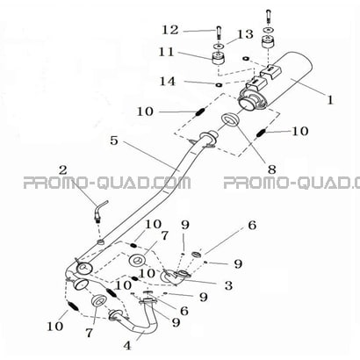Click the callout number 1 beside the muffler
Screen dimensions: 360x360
coord(330,100)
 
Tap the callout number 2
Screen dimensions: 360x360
coord(63,169)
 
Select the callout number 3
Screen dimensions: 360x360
coord(228,285)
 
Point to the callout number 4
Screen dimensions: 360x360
coord(127,346)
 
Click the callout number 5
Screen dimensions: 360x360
coord(114,140)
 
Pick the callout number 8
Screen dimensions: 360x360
coord(272,169)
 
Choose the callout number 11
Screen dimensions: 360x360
coord(166,52)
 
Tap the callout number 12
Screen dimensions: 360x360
coord(170,30)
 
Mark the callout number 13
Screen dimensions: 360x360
coord(245,34)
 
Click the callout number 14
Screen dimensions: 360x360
coord(168,81)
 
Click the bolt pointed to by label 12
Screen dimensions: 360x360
coord(218,32)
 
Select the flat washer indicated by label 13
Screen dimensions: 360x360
coord(219,46)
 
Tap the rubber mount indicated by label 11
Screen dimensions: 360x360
coord(219,59)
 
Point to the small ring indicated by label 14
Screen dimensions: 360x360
coord(219,85)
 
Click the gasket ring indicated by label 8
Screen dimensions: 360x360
coord(231,120)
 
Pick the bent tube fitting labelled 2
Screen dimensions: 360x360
coord(100,209)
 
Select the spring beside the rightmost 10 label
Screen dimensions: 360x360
coord(261,133)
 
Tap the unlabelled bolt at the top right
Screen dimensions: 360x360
coord(269,17)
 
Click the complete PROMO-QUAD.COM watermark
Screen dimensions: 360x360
coord(107,184)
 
